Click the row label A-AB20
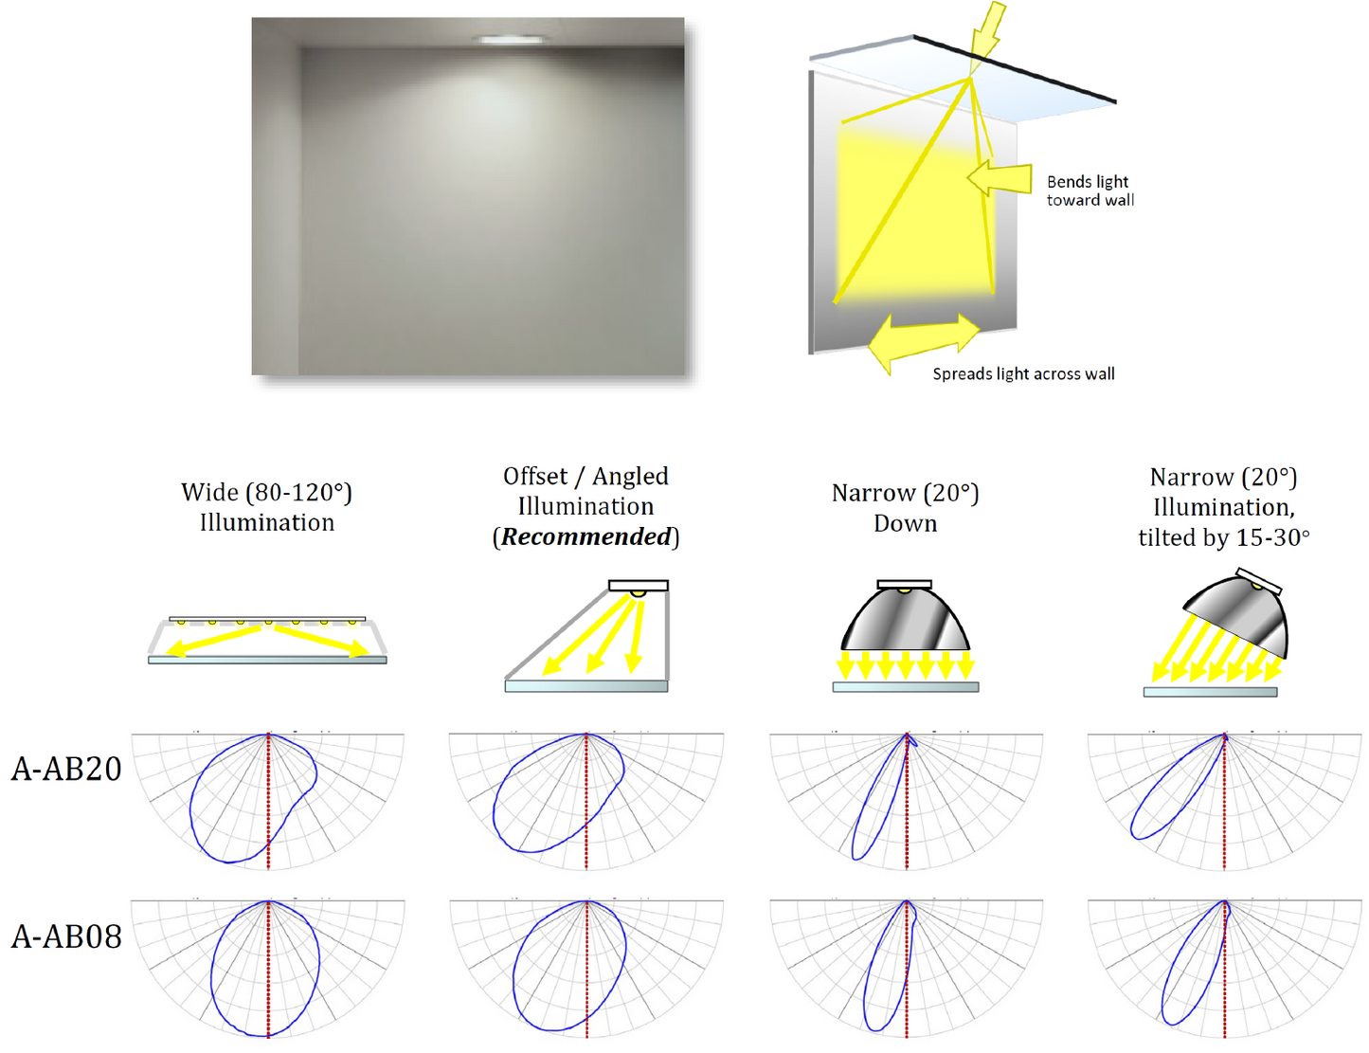pyautogui.click(x=66, y=769)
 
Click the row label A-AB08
pyautogui.click(x=66, y=936)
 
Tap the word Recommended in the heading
pyautogui.click(x=585, y=536)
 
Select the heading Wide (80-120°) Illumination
pyautogui.click(x=266, y=507)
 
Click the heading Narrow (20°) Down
pyautogui.click(x=906, y=508)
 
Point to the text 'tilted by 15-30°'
pyautogui.click(x=1224, y=537)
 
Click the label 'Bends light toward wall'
pyautogui.click(x=1090, y=191)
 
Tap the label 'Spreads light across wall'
pyautogui.click(x=1024, y=373)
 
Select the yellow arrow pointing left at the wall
pyautogui.click(x=1000, y=178)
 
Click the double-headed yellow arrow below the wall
pyautogui.click(x=924, y=341)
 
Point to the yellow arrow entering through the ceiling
pyautogui.click(x=986, y=30)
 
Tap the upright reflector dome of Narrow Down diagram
pyautogui.click(x=906, y=619)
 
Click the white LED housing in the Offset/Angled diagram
pyautogui.click(x=639, y=586)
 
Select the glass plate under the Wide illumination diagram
pyautogui.click(x=267, y=660)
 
